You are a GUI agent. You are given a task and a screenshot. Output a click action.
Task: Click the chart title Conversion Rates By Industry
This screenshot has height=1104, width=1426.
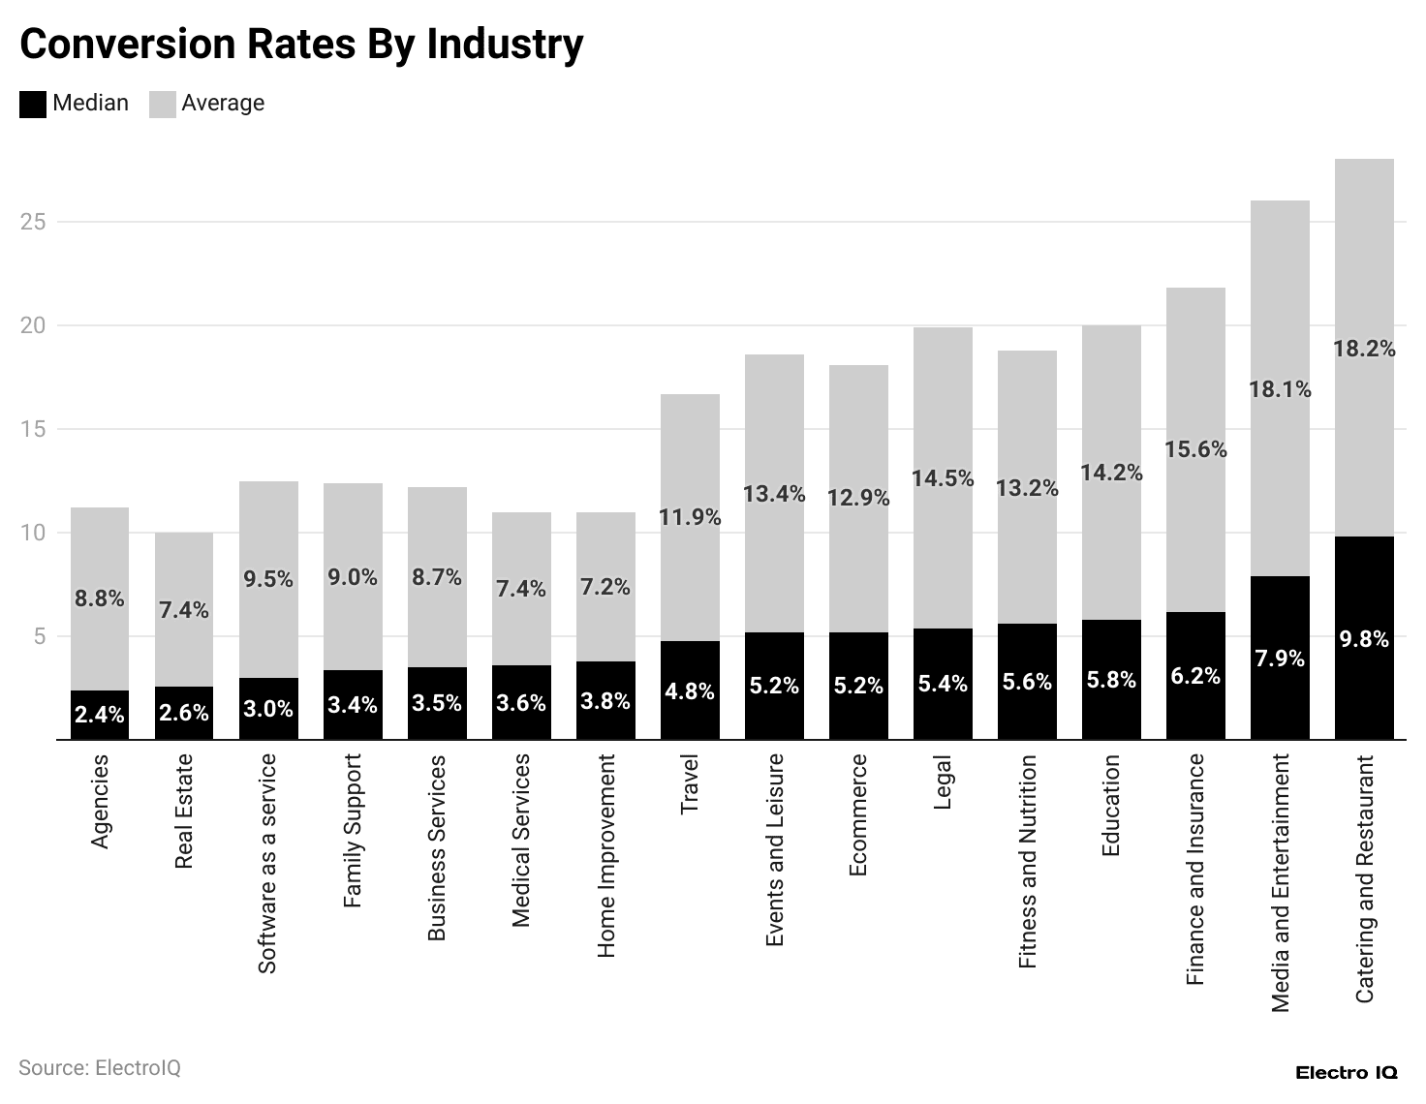pos(301,44)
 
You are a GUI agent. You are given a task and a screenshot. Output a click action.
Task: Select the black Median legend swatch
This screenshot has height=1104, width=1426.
pos(33,104)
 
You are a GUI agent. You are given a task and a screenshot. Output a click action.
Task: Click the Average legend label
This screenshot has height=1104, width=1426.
pos(222,103)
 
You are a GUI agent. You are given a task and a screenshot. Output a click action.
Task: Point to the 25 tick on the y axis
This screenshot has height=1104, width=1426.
pos(34,222)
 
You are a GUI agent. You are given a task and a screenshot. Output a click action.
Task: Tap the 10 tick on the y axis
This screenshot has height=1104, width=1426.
pos(34,533)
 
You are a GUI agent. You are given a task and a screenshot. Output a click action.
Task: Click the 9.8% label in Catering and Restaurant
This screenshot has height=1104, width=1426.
pos(1364,639)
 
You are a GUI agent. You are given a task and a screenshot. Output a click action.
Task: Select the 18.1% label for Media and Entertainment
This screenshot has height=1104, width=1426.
pos(1280,389)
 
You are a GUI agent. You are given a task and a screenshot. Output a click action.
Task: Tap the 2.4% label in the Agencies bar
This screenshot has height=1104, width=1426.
pos(100,715)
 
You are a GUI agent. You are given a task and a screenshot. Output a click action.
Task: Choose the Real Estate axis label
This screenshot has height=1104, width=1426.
pos(184,812)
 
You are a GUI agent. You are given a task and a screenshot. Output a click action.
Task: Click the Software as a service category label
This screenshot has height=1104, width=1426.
pos(268,864)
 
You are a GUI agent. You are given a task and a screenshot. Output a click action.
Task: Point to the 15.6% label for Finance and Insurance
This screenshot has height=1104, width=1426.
pos(1195,449)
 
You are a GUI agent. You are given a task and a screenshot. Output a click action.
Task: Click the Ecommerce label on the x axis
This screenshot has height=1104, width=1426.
pos(858,815)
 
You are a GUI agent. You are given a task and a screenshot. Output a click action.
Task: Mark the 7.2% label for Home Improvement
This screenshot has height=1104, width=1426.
pos(605,587)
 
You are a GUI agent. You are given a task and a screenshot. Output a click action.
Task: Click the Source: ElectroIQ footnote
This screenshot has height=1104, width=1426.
pos(100,1068)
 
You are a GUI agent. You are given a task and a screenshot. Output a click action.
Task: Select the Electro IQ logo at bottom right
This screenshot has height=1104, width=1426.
pos(1346,1073)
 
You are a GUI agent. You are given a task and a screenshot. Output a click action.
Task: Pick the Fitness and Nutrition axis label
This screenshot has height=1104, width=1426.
pos(1028,862)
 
